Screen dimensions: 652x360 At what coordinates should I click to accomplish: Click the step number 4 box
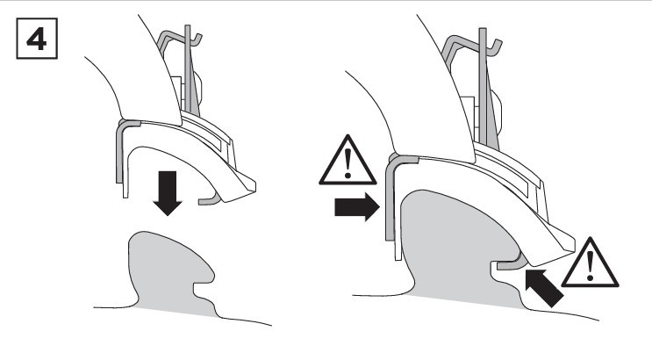click(37, 39)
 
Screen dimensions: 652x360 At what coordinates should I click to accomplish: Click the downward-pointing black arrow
click(167, 192)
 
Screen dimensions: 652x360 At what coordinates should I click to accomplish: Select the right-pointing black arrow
click(357, 206)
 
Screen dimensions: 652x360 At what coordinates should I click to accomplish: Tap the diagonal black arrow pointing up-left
click(543, 288)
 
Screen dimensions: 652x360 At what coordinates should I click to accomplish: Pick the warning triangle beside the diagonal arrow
click(590, 263)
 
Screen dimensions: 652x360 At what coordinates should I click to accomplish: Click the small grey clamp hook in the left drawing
click(209, 200)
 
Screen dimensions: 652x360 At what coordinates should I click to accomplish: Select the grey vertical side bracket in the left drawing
click(119, 150)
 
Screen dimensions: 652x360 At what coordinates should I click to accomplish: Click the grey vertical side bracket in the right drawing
click(390, 196)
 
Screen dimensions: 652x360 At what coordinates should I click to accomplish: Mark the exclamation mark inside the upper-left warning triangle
click(347, 162)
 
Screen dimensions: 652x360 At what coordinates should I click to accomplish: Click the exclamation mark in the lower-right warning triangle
click(590, 265)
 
